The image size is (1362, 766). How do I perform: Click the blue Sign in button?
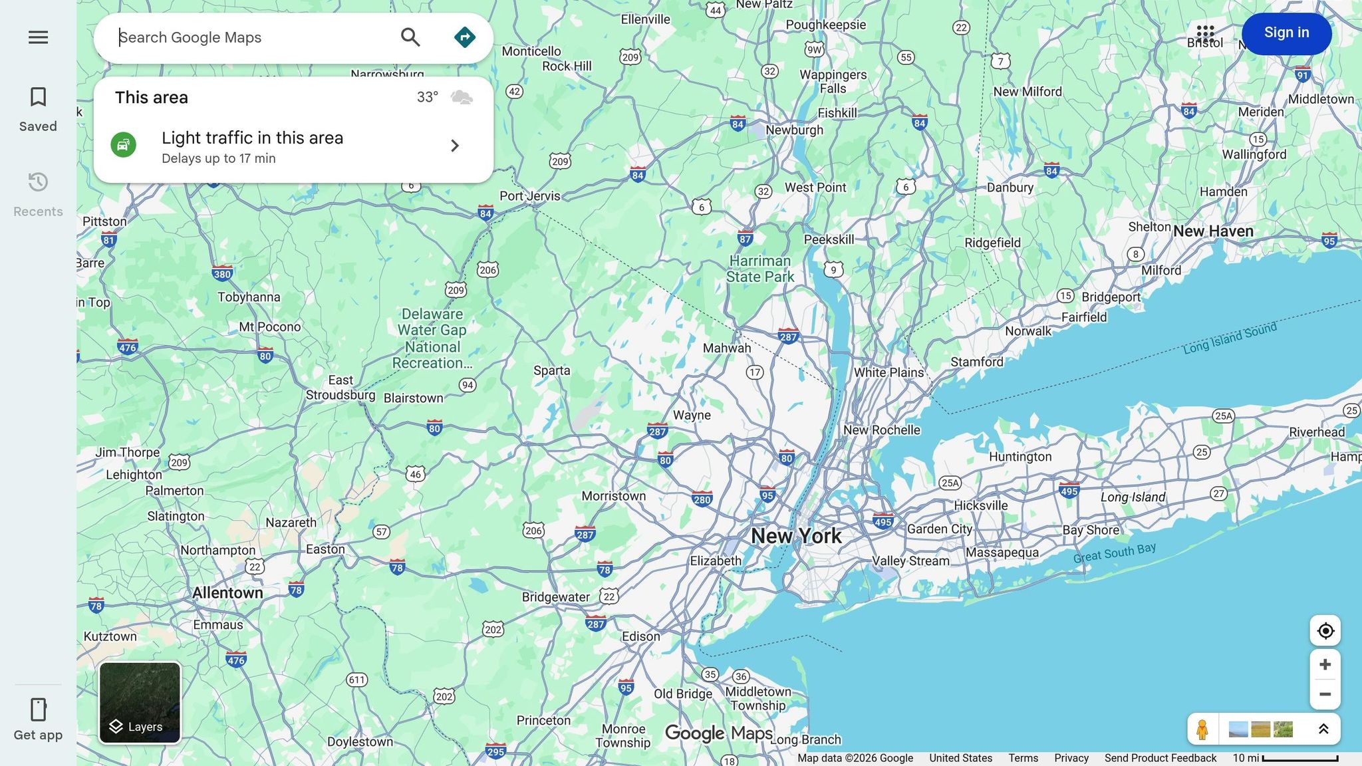tap(1286, 33)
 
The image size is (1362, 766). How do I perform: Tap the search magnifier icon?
tap(410, 37)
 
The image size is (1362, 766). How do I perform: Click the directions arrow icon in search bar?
tap(464, 37)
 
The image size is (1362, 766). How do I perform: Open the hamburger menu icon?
tap(38, 37)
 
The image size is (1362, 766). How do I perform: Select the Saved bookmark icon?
tap(38, 97)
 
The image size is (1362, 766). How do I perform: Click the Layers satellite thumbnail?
tap(140, 702)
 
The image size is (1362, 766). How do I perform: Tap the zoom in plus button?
tap(1325, 664)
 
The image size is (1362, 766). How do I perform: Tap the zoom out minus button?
tap(1325, 694)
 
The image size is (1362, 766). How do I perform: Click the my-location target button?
tap(1325, 630)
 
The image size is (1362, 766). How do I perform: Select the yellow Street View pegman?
tap(1202, 729)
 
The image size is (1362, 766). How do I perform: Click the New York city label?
tap(796, 536)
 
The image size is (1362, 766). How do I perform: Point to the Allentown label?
tap(227, 592)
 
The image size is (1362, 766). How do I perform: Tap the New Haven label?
tap(1213, 231)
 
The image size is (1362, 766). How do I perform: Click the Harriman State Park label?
tap(760, 269)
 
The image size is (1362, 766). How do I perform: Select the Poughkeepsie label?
tap(826, 25)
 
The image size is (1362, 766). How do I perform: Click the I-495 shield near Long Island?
tap(1069, 491)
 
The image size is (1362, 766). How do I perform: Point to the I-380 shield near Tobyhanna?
tap(222, 273)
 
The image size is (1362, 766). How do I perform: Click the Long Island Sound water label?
tap(1230, 338)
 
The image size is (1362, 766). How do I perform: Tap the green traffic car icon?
tap(124, 145)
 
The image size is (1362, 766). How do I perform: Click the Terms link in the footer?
tap(1023, 758)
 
